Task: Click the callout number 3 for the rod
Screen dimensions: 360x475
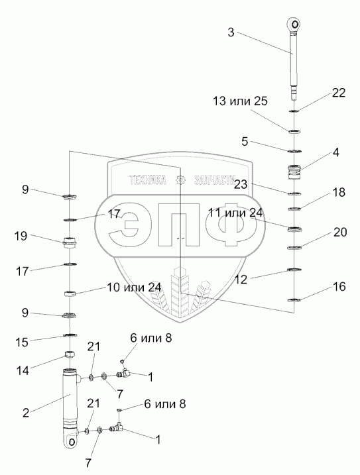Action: tap(231, 32)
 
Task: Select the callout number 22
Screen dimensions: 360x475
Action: tap(339, 93)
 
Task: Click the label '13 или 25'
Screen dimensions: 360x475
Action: tap(240, 101)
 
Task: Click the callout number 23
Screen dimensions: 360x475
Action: tap(241, 184)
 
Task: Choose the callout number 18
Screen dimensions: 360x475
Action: tap(339, 192)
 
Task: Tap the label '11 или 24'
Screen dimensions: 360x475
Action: tap(235, 213)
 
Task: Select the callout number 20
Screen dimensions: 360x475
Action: tap(340, 233)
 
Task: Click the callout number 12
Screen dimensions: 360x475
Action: tap(241, 280)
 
